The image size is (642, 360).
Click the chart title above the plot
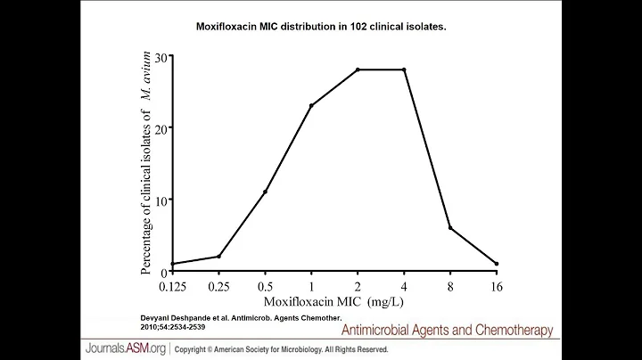tap(321, 27)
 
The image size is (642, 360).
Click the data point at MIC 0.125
tap(172, 264)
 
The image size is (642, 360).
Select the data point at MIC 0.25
tap(218, 257)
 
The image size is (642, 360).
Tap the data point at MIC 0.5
tap(265, 192)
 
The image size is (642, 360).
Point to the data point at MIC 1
tap(311, 106)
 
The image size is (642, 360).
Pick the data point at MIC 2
tap(358, 70)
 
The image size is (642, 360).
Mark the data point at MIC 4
tap(404, 70)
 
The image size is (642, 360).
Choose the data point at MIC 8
tap(450, 228)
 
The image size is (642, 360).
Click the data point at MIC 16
tap(497, 264)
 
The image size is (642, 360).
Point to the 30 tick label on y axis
tap(160, 57)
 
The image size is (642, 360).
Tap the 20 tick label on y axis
tap(160, 128)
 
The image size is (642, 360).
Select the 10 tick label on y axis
tap(160, 200)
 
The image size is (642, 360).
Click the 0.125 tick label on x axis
tap(172, 287)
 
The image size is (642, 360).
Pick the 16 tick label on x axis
tap(497, 287)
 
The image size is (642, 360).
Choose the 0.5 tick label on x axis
tap(265, 287)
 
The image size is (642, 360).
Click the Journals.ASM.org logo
tap(124, 348)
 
